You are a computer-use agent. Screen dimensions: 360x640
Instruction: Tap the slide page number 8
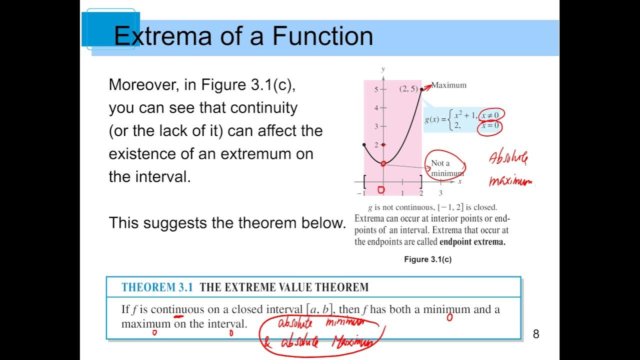tap(536, 334)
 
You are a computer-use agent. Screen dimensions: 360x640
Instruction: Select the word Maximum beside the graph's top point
tap(448, 85)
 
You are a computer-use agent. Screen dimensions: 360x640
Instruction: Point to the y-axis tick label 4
tap(376, 108)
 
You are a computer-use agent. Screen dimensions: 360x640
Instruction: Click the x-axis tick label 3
tap(440, 193)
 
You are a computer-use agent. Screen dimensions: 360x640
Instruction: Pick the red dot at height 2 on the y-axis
tap(383, 145)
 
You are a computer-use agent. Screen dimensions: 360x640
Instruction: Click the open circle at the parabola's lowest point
tap(383, 163)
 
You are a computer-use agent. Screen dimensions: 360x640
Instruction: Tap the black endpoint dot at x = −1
tap(364, 145)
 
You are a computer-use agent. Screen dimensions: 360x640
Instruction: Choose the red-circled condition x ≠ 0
tap(491, 115)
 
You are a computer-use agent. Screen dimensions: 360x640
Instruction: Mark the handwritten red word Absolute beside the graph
tap(508, 159)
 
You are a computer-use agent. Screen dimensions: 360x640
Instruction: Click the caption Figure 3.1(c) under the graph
tap(427, 259)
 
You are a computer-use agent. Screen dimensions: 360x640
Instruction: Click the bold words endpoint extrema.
tap(472, 242)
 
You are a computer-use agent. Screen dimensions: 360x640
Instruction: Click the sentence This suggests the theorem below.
tap(227, 223)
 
